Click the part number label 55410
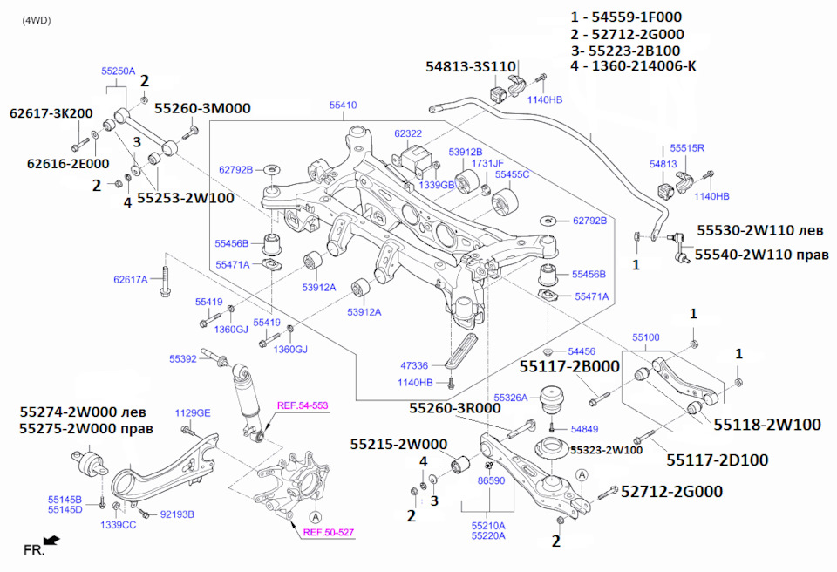coord(343,106)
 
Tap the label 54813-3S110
coord(472,66)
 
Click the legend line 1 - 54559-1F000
coord(626,17)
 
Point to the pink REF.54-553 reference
coord(303,405)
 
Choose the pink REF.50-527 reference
coord(328,532)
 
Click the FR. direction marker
coord(35,549)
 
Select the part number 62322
coord(408,134)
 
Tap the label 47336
coord(414,367)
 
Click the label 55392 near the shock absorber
coord(183,358)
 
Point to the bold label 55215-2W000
coord(398,444)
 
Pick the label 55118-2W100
coord(767,425)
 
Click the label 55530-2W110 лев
coord(758,231)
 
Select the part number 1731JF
coord(488,163)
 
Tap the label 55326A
coord(510,398)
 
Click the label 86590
coord(491,480)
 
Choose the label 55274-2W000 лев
coord(84,412)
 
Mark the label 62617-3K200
coord(51,113)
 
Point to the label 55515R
coord(687,148)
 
